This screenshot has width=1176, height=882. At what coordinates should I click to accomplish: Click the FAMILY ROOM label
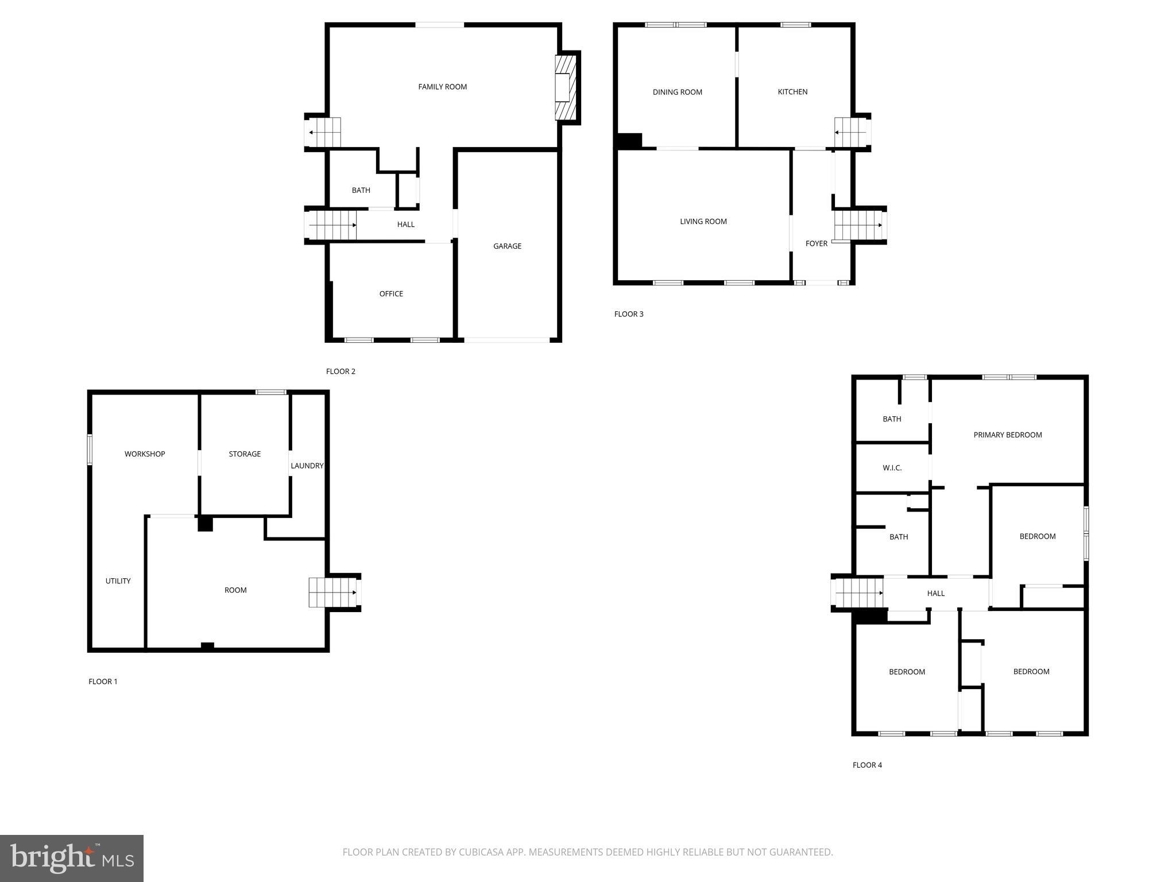click(x=442, y=87)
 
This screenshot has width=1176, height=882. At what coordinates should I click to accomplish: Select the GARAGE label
click(x=507, y=246)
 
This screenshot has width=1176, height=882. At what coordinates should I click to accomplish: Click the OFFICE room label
click(x=391, y=293)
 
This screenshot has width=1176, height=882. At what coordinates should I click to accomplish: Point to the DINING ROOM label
click(x=677, y=92)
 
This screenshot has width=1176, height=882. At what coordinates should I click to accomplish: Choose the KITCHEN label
click(x=792, y=92)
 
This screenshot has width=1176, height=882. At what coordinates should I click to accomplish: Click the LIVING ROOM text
click(x=703, y=221)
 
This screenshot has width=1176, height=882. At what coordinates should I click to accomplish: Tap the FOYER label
click(x=816, y=243)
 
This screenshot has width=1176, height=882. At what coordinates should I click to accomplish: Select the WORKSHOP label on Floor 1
click(x=145, y=454)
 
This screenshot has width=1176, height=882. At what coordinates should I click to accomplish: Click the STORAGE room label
click(x=245, y=454)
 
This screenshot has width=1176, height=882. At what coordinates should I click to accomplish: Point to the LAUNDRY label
click(x=307, y=466)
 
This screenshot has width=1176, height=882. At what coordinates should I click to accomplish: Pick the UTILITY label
click(x=118, y=581)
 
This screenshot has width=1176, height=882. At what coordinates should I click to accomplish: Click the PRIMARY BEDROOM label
click(x=1007, y=435)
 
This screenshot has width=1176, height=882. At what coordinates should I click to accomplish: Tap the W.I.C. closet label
click(x=892, y=468)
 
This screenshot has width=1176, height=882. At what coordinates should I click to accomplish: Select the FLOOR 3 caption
click(x=629, y=314)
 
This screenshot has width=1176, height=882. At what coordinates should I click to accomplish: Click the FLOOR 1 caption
click(x=103, y=682)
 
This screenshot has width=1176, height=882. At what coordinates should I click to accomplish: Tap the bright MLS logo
click(x=72, y=858)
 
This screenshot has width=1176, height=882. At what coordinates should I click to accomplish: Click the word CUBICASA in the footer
click(x=481, y=852)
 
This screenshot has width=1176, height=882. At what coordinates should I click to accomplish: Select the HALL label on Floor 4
click(x=935, y=593)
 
